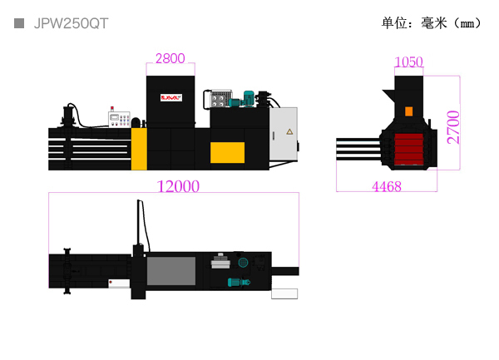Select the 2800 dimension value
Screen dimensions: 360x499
[x=170, y=58]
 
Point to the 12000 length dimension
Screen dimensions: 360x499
[x=178, y=187]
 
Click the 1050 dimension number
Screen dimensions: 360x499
[x=409, y=62]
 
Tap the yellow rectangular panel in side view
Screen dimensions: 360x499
[x=227, y=152]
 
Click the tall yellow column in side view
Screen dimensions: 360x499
[x=139, y=149]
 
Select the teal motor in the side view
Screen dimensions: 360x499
[x=248, y=99]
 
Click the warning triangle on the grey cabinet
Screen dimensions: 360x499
[x=289, y=131]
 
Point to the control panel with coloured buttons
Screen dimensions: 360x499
[x=120, y=120]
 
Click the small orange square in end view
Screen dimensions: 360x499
[x=408, y=111]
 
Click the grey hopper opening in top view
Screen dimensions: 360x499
[x=171, y=272]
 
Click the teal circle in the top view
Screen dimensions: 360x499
[x=243, y=263]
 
